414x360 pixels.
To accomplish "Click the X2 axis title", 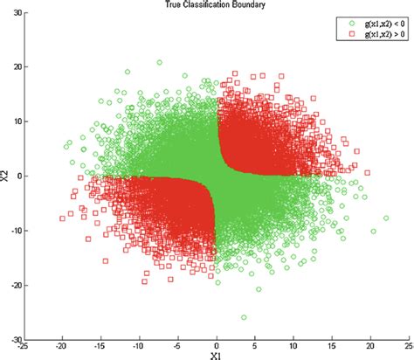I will click(6, 175).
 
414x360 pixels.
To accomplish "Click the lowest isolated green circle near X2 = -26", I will click(244, 317).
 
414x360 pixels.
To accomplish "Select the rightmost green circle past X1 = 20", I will click(386, 218).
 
